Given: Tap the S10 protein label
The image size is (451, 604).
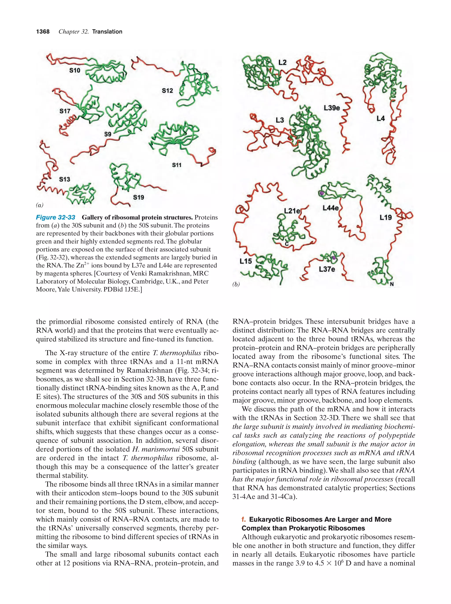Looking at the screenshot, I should [74, 71].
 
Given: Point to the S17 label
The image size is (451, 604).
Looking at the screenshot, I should [65, 111].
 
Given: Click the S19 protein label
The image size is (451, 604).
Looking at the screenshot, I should [138, 197].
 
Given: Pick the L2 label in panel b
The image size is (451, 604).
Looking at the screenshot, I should [282, 63].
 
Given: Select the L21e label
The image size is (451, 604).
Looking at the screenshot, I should [292, 211].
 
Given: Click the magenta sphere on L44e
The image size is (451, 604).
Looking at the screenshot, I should [322, 193].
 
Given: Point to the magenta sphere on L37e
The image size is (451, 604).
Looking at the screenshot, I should [334, 258].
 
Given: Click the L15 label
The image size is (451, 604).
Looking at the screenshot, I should [246, 261].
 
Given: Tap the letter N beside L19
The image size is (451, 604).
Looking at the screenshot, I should [392, 284].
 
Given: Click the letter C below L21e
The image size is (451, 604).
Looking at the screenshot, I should [287, 244].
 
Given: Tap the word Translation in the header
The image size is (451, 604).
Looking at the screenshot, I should [107, 32].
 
